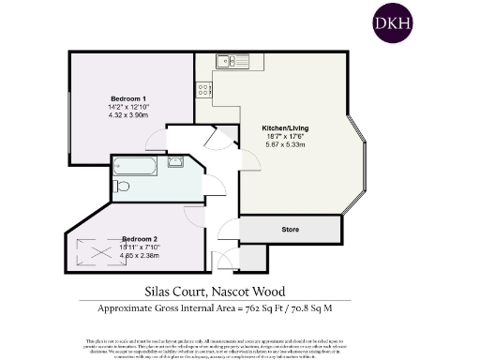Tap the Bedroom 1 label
click(128, 99)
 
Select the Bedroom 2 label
click(139, 239)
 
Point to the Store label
click(290, 229)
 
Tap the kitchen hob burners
click(202, 89)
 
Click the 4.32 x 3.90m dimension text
click(128, 114)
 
